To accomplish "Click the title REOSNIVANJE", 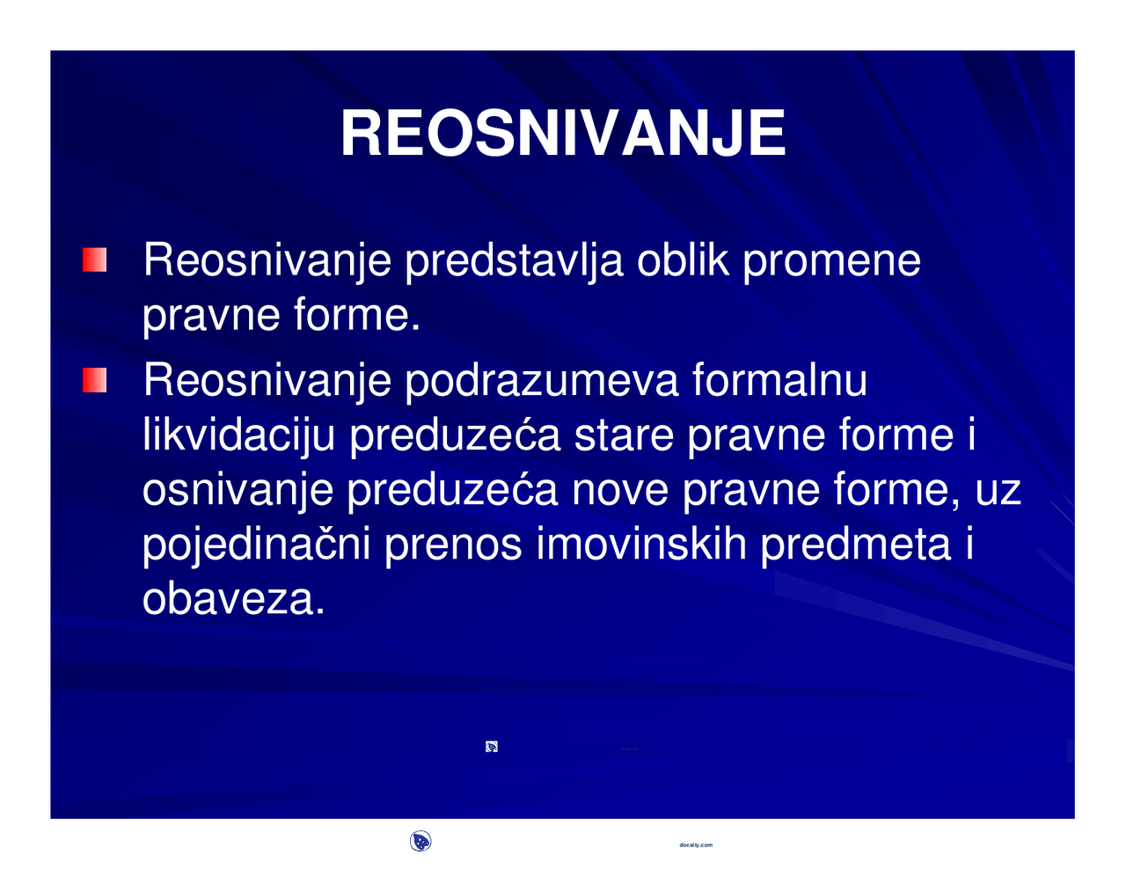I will [563, 134].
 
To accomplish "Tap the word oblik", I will [683, 260].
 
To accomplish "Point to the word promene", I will [832, 262].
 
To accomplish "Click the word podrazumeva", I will [542, 382].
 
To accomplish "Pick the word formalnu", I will [779, 380].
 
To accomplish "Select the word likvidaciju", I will [238, 436].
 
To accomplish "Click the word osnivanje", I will [238, 491].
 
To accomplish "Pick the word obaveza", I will [233, 600].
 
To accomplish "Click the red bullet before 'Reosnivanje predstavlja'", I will [94, 260].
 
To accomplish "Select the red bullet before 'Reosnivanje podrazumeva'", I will [94, 381].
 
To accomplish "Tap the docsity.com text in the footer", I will [696, 844].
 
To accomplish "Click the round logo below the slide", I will [420, 842].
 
